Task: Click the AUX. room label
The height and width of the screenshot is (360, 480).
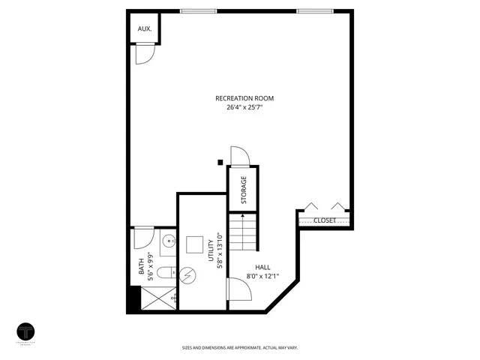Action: pos(145,29)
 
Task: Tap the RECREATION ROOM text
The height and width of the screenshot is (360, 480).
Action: pos(244,98)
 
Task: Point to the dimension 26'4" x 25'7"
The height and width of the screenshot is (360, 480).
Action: pos(244,108)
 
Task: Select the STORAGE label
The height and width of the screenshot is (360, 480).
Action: pos(244,190)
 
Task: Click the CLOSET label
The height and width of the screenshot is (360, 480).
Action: pos(325,220)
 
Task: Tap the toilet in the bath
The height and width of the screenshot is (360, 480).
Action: pos(167,272)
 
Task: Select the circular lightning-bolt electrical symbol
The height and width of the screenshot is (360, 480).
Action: pos(190,275)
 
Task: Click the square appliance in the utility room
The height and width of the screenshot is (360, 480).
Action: pos(196,245)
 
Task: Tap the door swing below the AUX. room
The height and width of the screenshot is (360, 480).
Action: pos(144,54)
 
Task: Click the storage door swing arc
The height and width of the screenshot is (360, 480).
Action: pos(239,154)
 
